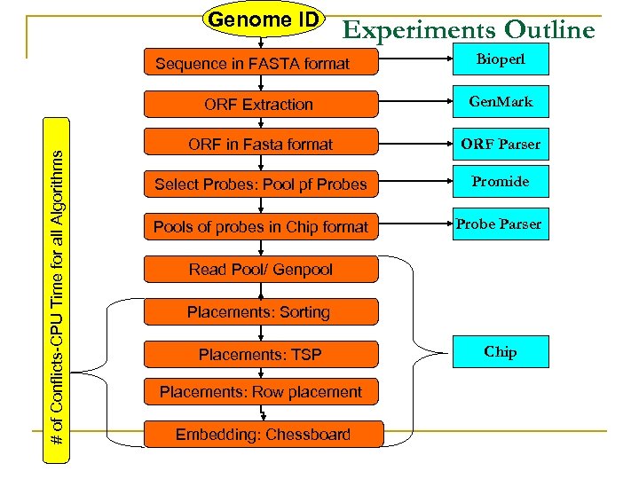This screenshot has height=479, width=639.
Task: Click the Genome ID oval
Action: coord(263,20)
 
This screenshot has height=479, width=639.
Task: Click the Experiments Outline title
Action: coord(469,30)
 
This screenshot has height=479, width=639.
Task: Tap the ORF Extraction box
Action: coord(259,104)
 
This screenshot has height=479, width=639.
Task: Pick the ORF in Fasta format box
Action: coord(259,144)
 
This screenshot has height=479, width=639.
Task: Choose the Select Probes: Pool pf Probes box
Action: coord(259,185)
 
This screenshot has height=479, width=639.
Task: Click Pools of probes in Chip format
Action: coord(259,226)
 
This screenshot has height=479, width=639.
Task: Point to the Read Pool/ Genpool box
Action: coord(259,270)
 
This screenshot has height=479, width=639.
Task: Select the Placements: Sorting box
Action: coord(259,312)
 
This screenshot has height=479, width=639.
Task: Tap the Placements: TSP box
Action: coord(259,355)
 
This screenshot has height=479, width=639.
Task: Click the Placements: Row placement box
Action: coord(259,392)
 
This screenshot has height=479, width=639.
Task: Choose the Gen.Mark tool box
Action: coord(500,101)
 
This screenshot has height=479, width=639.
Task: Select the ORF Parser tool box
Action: coord(500,144)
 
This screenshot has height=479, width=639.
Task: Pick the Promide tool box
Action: coord(500,182)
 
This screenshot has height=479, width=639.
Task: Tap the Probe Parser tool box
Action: coord(500,224)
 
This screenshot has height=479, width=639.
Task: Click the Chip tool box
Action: coord(500,352)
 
